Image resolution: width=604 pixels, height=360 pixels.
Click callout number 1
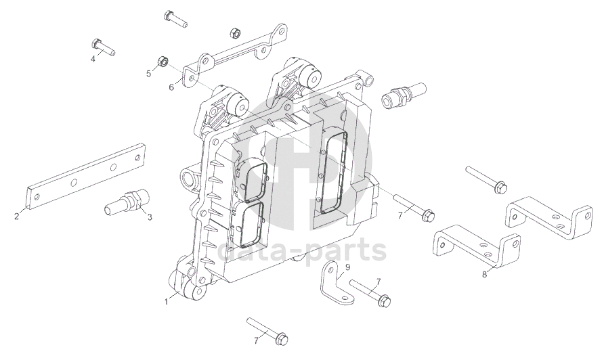tap(167, 302)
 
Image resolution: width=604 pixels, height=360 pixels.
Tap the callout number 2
tap(16, 217)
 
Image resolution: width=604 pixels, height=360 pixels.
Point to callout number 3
tap(150, 217)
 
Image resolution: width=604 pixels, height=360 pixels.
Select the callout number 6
tap(171, 87)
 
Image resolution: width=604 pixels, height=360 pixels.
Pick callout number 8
tap(485, 275)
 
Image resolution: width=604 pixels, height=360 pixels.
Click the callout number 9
tap(347, 267)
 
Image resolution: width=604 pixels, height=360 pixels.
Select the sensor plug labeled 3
tap(125, 202)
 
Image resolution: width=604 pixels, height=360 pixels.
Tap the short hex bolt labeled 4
tap(103, 46)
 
